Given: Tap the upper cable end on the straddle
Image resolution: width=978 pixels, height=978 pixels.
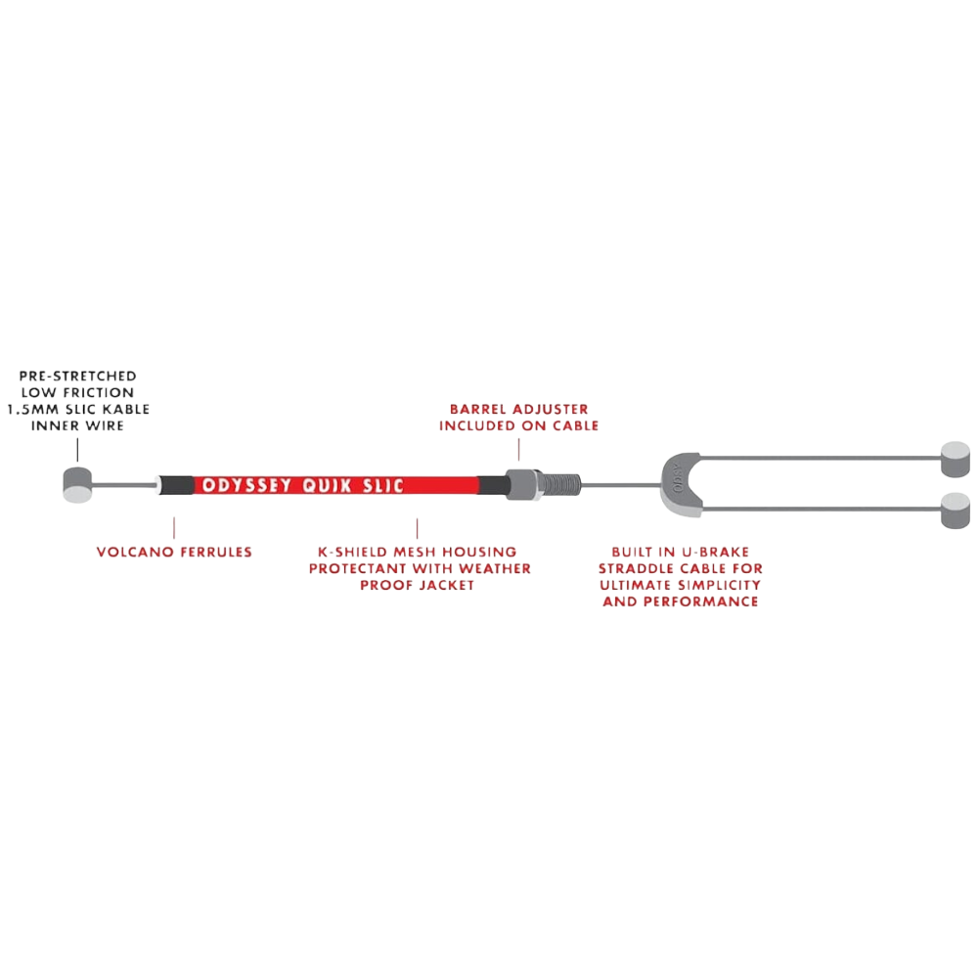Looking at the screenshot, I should click(956, 459).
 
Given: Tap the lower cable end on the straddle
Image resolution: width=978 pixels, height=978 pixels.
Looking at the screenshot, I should click(956, 511).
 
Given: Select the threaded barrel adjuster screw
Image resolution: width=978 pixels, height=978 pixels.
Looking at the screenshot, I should click(561, 483).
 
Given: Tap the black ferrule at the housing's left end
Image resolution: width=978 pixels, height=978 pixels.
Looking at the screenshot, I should click(179, 484).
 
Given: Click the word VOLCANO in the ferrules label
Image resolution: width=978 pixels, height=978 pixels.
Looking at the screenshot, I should click(133, 553).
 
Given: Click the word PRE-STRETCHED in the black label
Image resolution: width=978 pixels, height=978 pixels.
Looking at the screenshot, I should click(78, 376).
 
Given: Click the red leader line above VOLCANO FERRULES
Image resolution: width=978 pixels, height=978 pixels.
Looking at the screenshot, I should click(174, 528).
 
